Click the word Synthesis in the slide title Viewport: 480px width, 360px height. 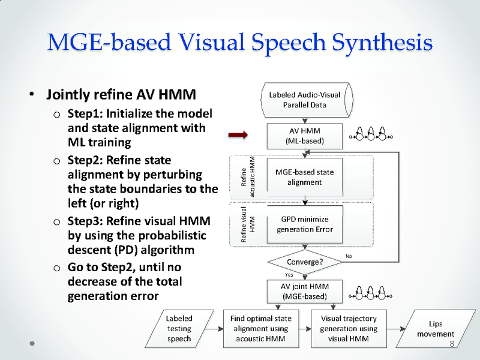(x=382, y=43)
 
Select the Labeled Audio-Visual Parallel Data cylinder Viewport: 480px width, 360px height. (x=305, y=100)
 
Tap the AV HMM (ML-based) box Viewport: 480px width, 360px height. (x=305, y=136)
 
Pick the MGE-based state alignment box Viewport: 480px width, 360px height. (x=304, y=177)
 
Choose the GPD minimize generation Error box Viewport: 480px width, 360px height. (x=304, y=224)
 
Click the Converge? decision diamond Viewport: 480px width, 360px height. (x=305, y=262)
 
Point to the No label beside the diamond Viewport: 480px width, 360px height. (x=350, y=256)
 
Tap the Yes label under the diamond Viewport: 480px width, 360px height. (x=289, y=274)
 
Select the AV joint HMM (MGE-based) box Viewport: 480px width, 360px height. (x=304, y=292)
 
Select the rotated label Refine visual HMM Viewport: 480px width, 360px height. (x=248, y=224)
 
